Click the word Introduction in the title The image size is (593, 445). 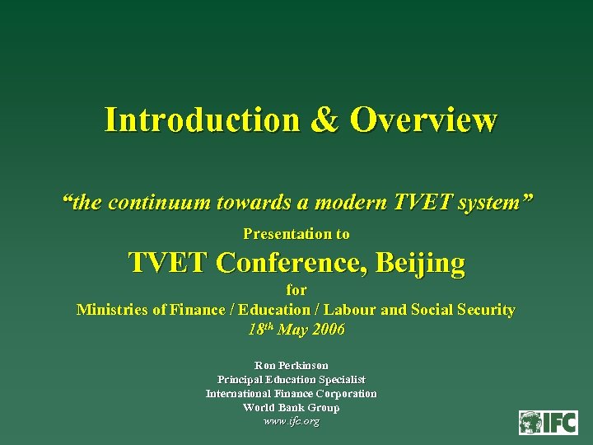[x=201, y=120]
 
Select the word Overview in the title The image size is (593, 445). [x=423, y=120]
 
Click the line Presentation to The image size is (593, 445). [x=296, y=234]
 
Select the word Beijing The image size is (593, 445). [x=420, y=263]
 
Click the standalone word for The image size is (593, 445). [x=296, y=290]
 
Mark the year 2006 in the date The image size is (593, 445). [x=328, y=330]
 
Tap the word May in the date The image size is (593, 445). [x=293, y=330]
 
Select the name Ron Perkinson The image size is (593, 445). [x=292, y=365]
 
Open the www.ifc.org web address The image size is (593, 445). [x=291, y=421]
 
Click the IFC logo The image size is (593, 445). [x=548, y=422]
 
